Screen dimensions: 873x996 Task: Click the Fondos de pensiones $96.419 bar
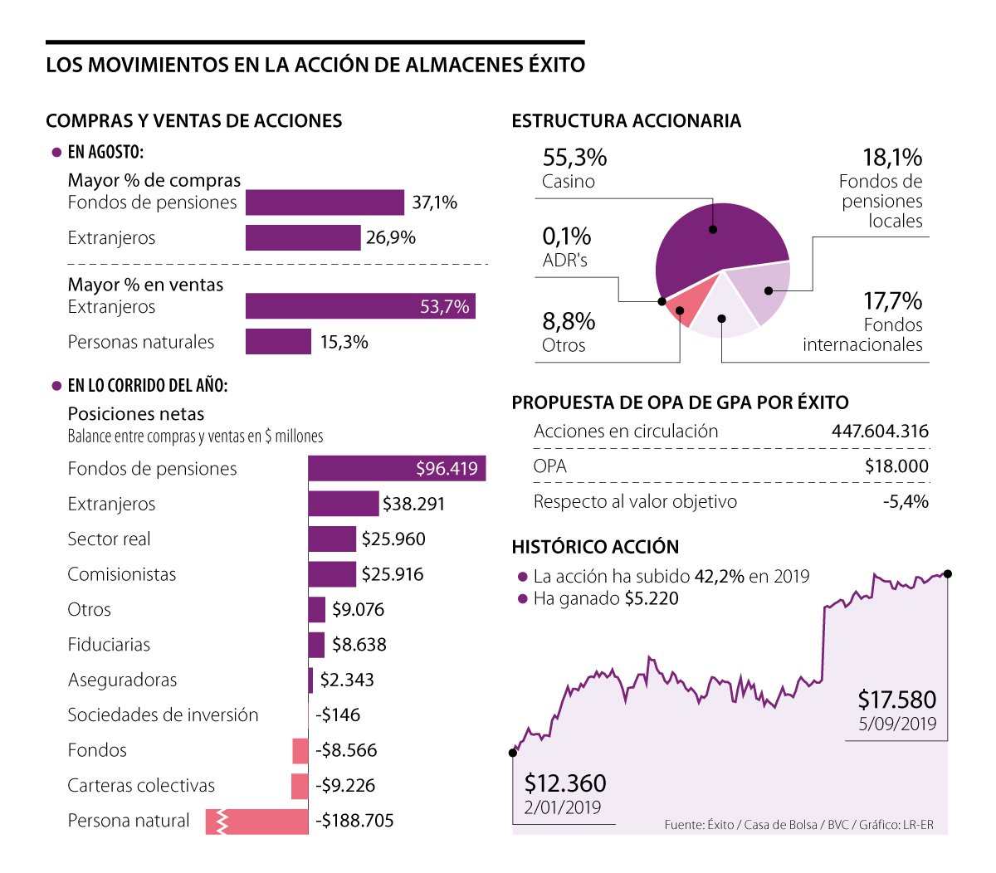pos(397,469)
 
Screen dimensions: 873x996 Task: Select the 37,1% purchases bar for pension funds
pos(325,202)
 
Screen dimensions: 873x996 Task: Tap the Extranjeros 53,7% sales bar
pos(360,306)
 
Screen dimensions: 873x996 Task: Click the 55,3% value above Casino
pos(574,158)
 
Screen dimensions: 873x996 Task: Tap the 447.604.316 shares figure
pos(880,432)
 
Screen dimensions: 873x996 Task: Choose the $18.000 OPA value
pos(896,466)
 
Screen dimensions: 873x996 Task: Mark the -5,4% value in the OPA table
pos(906,502)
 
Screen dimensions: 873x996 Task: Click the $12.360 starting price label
pos(565,783)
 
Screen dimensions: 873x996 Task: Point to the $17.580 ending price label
pos(896,700)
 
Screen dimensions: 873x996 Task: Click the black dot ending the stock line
pos(948,573)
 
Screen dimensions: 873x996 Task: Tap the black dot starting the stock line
pos(512,753)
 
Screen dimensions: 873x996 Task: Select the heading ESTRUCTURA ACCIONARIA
pos(626,121)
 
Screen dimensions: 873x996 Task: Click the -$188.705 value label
pos(354,822)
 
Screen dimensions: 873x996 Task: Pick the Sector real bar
pos(332,539)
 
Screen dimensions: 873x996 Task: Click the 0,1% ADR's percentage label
pos(567,237)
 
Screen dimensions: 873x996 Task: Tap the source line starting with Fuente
pos(798,825)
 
